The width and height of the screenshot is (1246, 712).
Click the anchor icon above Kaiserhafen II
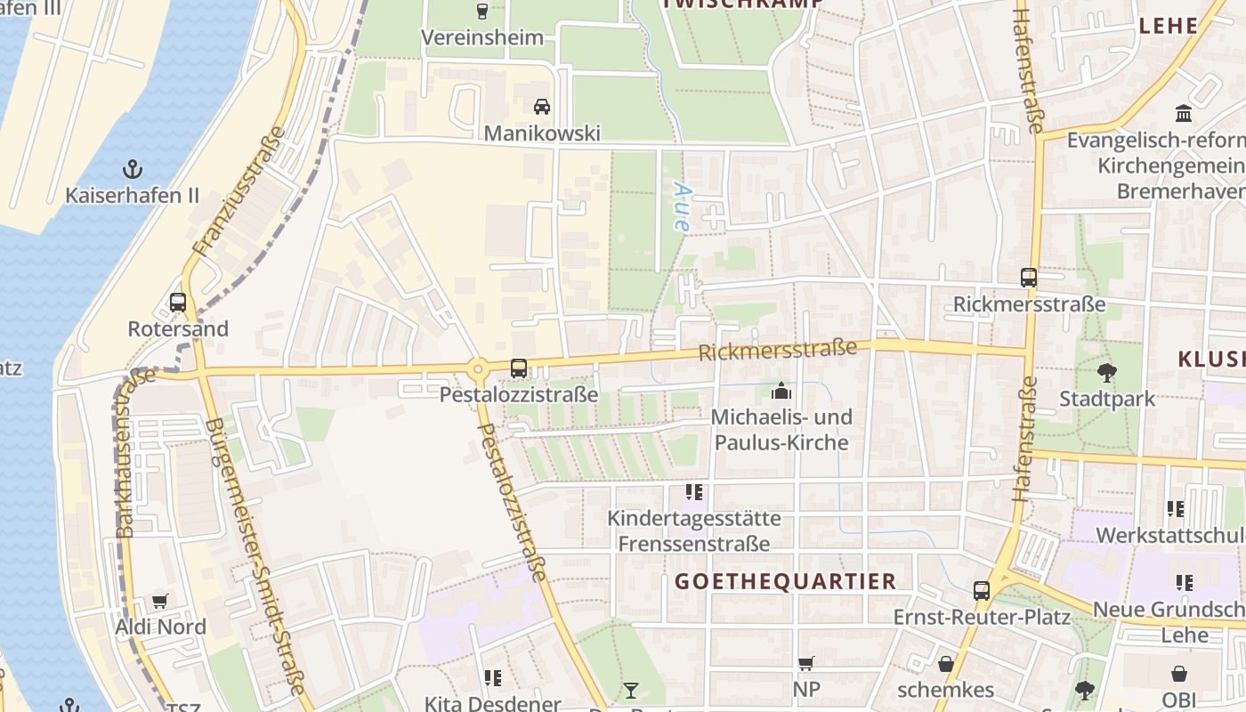click(132, 168)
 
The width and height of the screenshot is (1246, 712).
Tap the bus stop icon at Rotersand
click(178, 302)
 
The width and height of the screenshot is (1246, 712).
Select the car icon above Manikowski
click(541, 107)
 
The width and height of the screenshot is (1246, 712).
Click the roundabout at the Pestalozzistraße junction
click(479, 368)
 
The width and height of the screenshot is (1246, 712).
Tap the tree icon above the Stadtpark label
click(1106, 372)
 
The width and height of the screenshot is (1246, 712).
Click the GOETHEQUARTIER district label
click(785, 582)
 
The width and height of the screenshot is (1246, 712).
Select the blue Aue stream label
click(682, 206)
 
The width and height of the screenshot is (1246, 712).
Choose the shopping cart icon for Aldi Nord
click(160, 601)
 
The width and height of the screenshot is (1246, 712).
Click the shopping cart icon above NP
click(805, 663)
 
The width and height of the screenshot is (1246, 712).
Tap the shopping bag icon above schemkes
click(945, 664)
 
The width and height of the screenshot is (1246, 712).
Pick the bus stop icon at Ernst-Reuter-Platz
click(981, 590)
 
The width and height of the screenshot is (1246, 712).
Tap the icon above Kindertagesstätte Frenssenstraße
click(694, 491)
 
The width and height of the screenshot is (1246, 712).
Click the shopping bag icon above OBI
click(1178, 674)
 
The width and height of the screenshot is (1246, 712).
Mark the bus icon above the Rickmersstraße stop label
click(1029, 277)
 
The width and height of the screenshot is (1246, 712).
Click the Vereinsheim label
click(481, 37)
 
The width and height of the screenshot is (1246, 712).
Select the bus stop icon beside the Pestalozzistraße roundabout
click(518, 368)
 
